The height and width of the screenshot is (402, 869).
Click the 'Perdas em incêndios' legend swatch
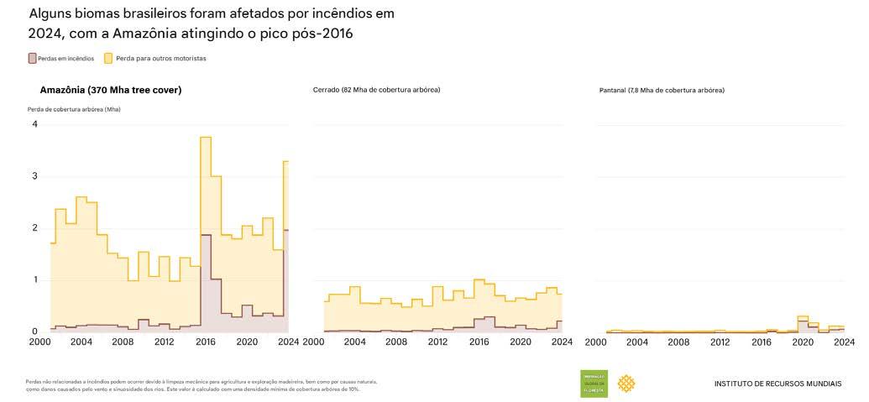[33, 59]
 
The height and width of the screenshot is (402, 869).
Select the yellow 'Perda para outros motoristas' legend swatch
[108, 59]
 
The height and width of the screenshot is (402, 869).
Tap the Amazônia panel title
[110, 90]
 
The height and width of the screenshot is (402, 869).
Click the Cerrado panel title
[376, 90]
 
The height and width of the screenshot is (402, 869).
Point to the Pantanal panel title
[662, 90]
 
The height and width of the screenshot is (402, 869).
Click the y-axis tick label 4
[34, 124]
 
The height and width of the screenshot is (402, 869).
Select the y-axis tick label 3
[34, 176]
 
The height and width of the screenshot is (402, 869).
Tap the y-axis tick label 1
[34, 279]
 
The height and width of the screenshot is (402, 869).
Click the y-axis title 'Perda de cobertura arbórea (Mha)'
[74, 109]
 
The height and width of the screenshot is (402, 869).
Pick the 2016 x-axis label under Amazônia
[205, 342]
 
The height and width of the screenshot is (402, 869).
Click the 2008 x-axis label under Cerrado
[397, 342]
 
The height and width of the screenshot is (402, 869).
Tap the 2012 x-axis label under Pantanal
[720, 342]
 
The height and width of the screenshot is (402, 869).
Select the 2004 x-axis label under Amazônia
[81, 342]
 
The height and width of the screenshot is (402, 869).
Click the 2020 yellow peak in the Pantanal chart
[803, 318]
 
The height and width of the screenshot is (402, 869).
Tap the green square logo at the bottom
[594, 384]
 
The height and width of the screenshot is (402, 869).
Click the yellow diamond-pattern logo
[626, 384]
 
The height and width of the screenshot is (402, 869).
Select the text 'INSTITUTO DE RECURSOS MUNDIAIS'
[777, 384]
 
